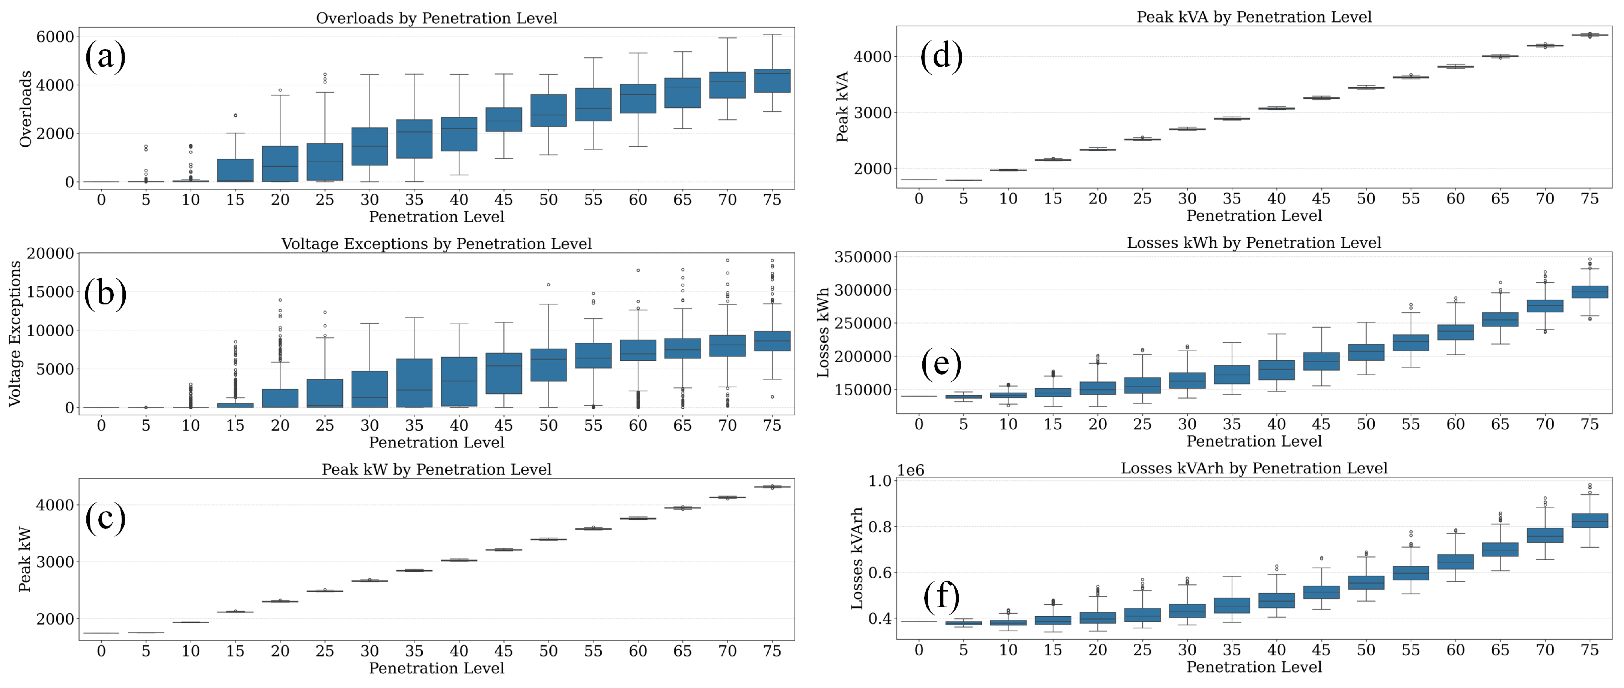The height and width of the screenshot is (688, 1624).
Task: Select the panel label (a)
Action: (x=105, y=57)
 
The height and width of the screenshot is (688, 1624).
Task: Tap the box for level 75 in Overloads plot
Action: (x=772, y=81)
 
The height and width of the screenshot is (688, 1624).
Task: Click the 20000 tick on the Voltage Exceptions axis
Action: (x=50, y=253)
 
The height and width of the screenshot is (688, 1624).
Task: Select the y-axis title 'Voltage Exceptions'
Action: (x=15, y=334)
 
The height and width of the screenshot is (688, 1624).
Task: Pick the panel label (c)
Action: (x=105, y=518)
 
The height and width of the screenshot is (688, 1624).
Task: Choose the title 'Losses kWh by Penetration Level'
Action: (x=1253, y=243)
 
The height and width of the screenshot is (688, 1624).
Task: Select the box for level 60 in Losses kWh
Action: (x=1455, y=332)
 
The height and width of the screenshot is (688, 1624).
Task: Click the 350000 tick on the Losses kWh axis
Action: (x=862, y=257)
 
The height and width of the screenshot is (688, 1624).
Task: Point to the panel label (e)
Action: (x=941, y=364)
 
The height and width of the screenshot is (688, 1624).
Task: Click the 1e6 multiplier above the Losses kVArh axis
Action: (x=910, y=470)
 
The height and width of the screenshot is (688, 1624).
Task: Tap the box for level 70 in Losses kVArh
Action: (x=1544, y=535)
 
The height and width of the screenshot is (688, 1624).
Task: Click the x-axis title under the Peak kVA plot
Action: (x=1253, y=216)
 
